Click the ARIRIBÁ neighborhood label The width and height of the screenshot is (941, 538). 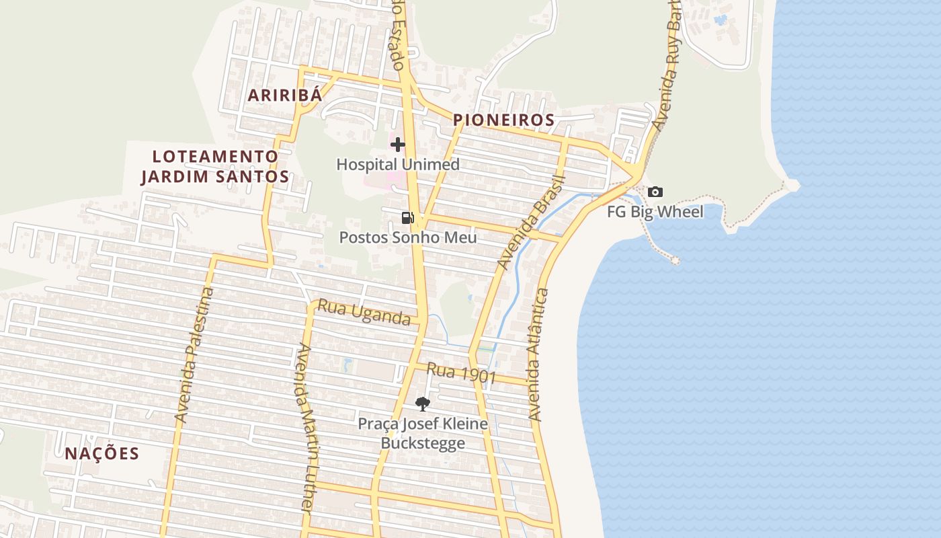point(285,95)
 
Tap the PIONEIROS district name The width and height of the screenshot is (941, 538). point(503,120)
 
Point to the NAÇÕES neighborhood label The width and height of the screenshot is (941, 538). point(102,453)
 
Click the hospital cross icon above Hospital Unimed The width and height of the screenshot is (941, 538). point(398,144)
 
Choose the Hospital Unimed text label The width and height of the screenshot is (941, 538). point(398,164)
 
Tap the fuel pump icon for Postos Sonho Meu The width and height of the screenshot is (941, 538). point(407,217)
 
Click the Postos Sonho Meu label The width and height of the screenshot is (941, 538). point(407,237)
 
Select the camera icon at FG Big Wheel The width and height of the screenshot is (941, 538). point(655,192)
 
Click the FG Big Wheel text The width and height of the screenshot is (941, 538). point(655,212)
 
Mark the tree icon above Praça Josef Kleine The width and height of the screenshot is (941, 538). point(422,403)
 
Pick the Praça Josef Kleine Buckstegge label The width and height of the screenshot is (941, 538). point(423,434)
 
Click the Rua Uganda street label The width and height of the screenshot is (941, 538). point(364,312)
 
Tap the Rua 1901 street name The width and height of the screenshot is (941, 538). point(461,374)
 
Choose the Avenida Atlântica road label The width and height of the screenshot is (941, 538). point(538,355)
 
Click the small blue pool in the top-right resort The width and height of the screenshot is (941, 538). point(721,20)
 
